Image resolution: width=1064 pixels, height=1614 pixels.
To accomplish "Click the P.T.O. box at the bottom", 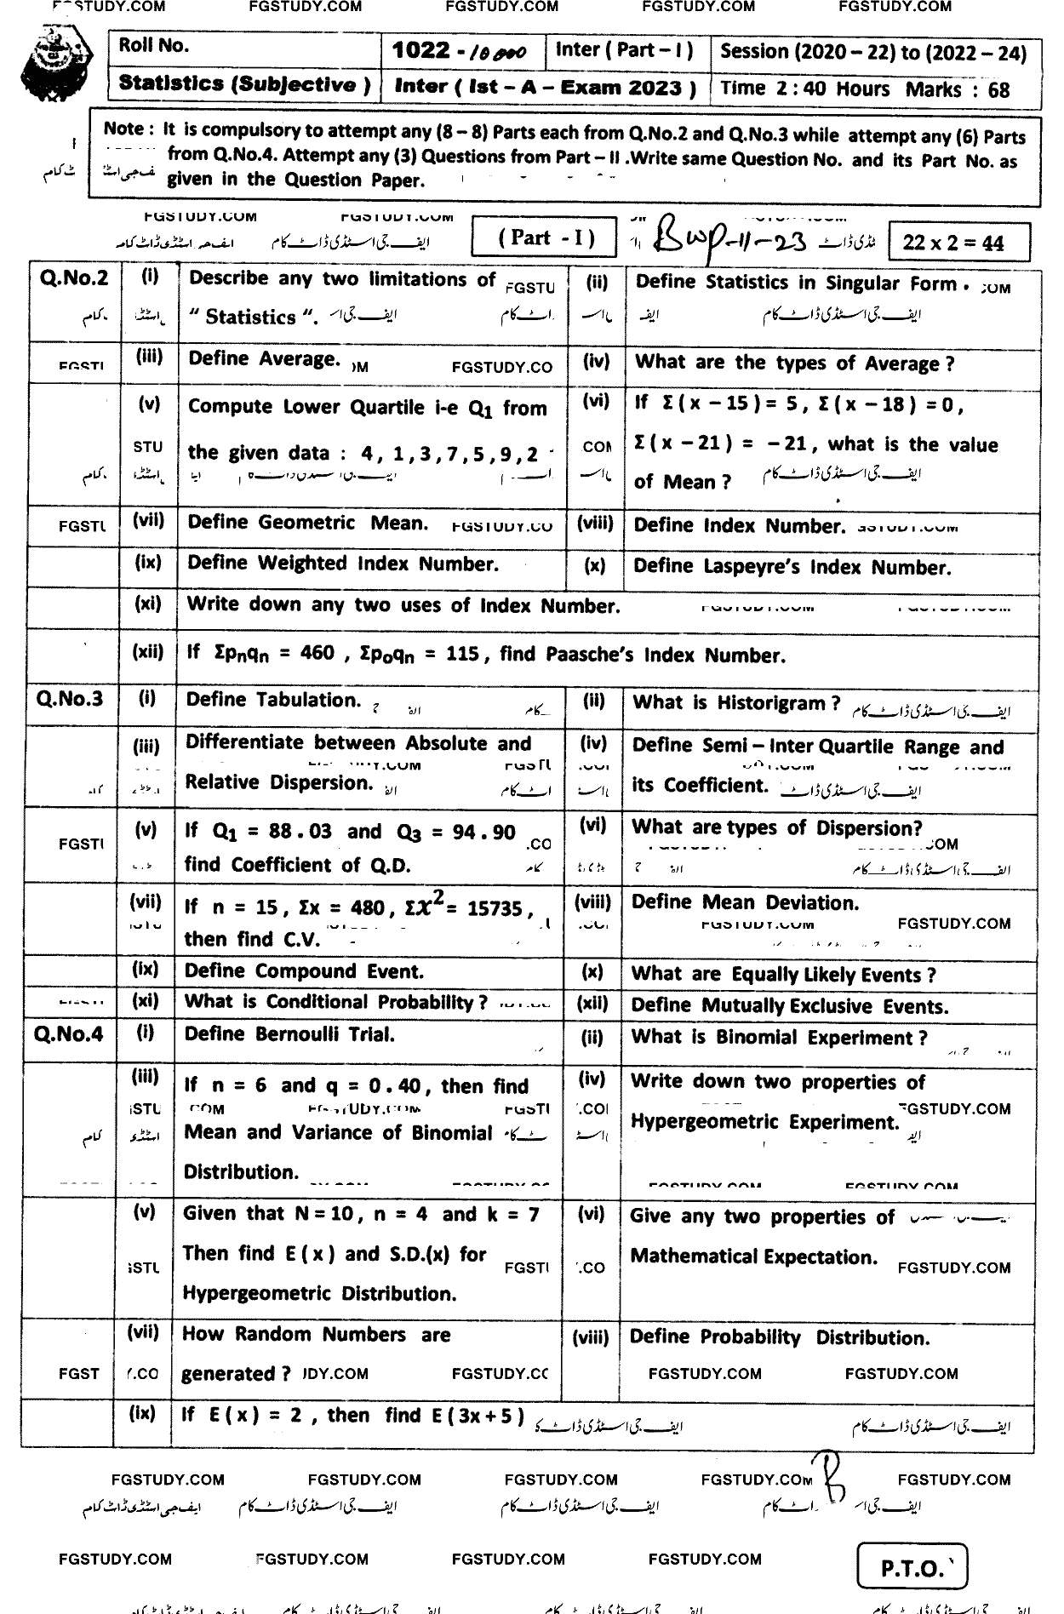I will (911, 1567).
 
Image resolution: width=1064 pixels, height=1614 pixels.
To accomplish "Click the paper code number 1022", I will (420, 51).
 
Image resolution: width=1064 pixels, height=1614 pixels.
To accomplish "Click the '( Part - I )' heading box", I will (545, 238).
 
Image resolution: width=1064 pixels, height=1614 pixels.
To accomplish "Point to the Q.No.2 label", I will (74, 278).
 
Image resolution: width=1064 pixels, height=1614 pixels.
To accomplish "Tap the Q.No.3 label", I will (70, 699).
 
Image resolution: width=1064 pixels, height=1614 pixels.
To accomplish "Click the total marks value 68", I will (998, 89).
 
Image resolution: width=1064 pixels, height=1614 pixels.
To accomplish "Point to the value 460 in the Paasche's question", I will (317, 654).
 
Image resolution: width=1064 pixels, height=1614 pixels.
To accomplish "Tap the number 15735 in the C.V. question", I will (494, 908).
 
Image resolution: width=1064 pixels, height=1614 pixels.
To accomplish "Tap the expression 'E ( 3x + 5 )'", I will (477, 1416).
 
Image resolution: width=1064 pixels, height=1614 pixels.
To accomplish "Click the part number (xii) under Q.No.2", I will (148, 652).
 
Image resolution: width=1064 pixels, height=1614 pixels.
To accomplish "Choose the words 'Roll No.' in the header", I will (154, 46).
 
